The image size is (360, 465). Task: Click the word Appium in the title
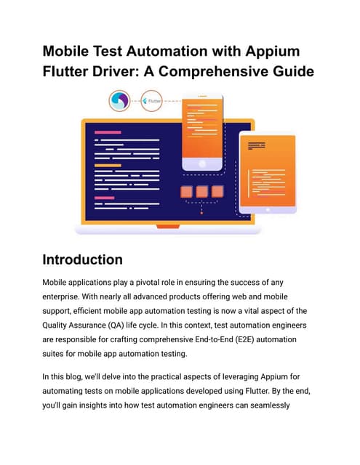coord(273,52)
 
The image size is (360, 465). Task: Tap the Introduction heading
coord(82,259)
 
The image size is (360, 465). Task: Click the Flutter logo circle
coord(151,101)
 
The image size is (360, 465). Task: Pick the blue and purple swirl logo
coord(119,101)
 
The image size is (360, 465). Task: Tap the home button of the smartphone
coord(202,163)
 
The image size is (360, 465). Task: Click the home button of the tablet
coord(268,210)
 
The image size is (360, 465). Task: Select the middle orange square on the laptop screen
coord(201,192)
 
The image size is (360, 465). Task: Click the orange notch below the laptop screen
coord(168,227)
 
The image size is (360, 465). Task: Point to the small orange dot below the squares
coord(201,213)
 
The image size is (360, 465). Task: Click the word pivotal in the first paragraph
coord(147,283)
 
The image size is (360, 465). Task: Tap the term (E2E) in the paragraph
coord(244,339)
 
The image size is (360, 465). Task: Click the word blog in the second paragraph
coord(74,377)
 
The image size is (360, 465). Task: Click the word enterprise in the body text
coord(61,297)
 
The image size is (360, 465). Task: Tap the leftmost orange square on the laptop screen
coord(186,192)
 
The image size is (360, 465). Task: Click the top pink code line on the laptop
coord(108,132)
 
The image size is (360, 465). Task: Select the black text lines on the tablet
coord(257,145)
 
